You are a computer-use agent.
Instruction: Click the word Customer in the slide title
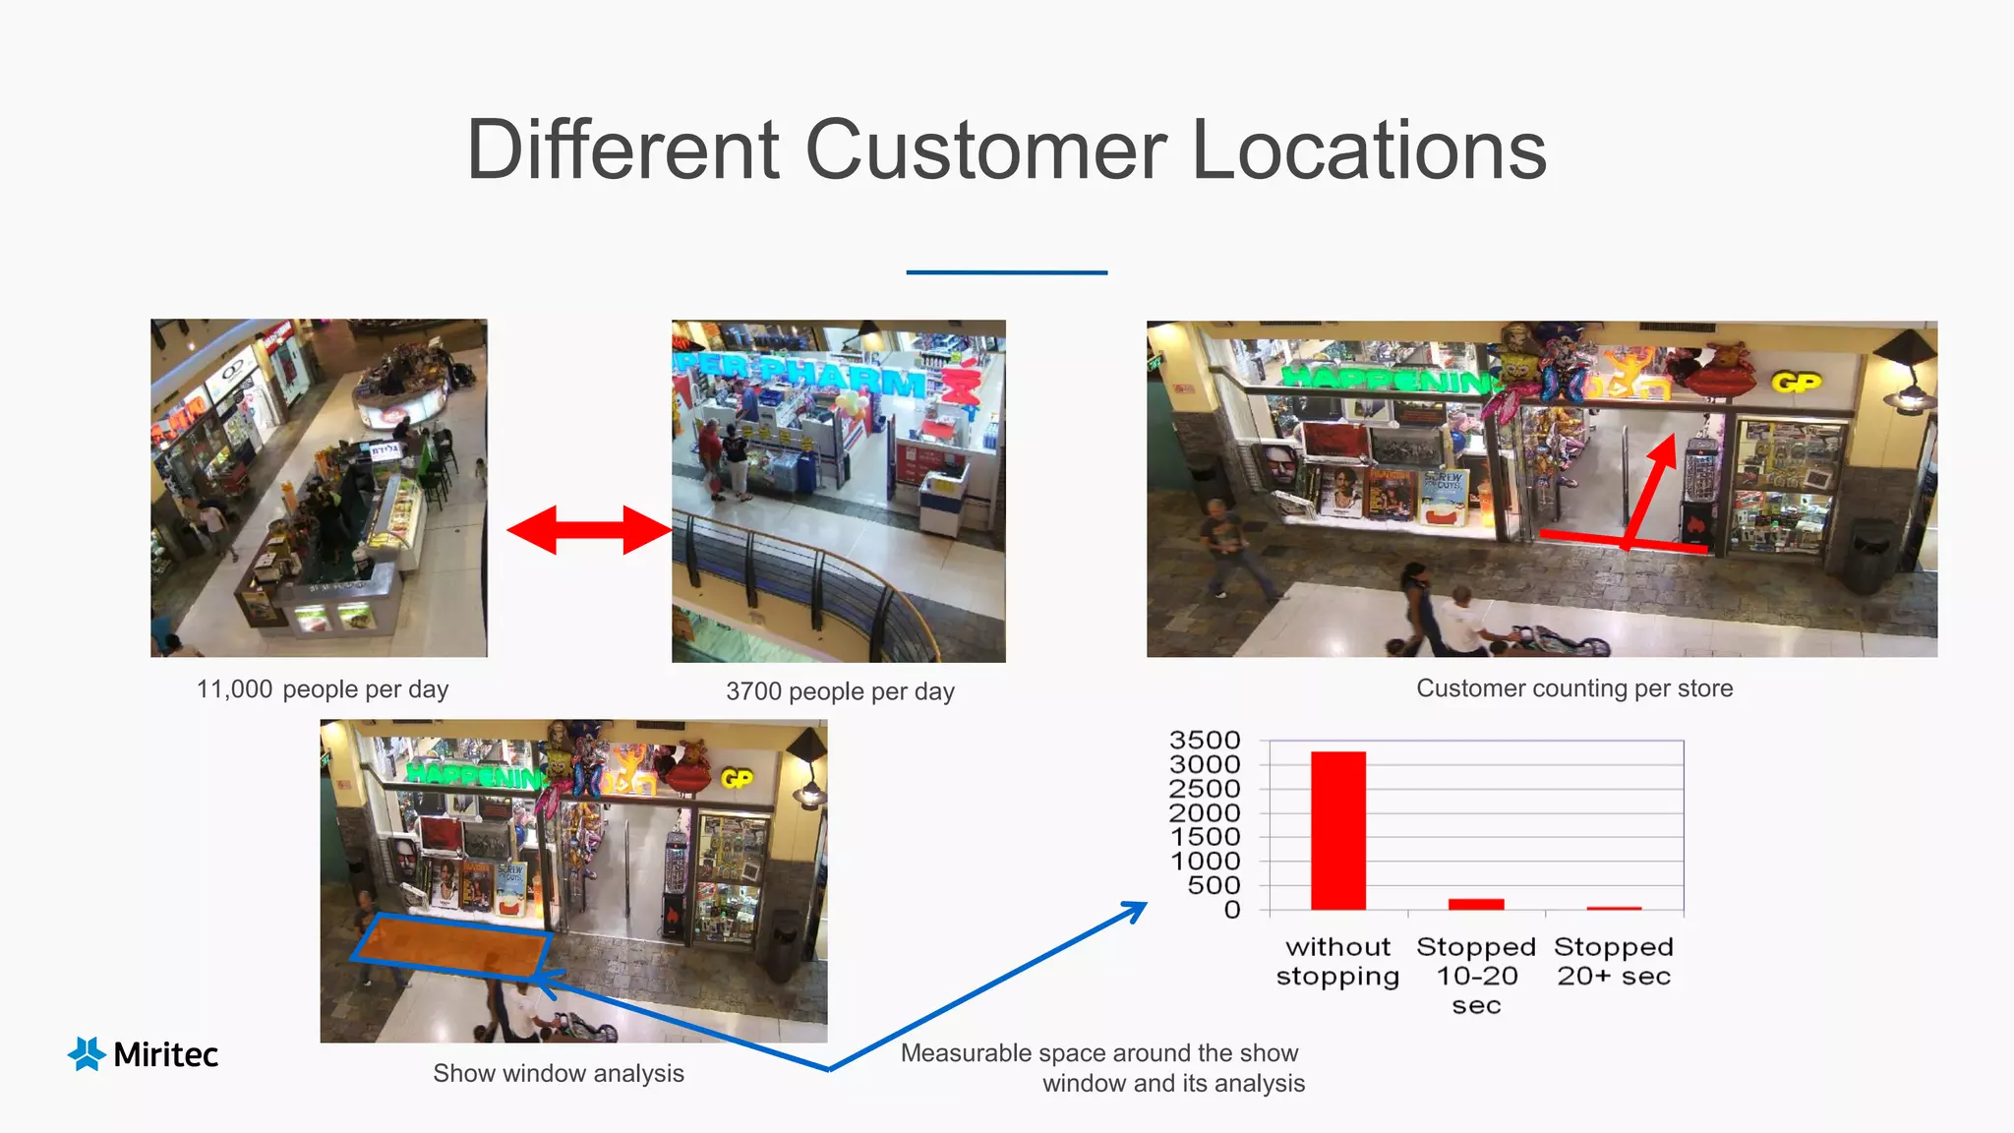985,150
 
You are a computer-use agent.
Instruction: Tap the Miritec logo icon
87,1053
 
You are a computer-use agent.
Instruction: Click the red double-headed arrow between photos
588,530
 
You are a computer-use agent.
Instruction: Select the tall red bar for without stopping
1337,831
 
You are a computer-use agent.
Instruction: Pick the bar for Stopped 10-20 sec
1475,904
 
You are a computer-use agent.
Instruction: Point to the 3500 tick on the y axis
1204,740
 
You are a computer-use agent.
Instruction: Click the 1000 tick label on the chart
1204,861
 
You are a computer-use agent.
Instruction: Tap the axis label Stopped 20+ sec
1613,961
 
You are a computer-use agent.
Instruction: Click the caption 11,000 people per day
323,689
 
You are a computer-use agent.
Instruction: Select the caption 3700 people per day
840,691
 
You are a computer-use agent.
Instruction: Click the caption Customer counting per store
1573,688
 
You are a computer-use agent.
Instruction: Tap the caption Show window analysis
558,1073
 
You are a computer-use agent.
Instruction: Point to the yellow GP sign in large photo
1796,383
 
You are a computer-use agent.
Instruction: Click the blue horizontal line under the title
1006,272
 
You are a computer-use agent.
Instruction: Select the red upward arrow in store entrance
1652,487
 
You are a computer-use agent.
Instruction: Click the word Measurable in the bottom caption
965,1053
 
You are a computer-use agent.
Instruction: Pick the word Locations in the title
1369,150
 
